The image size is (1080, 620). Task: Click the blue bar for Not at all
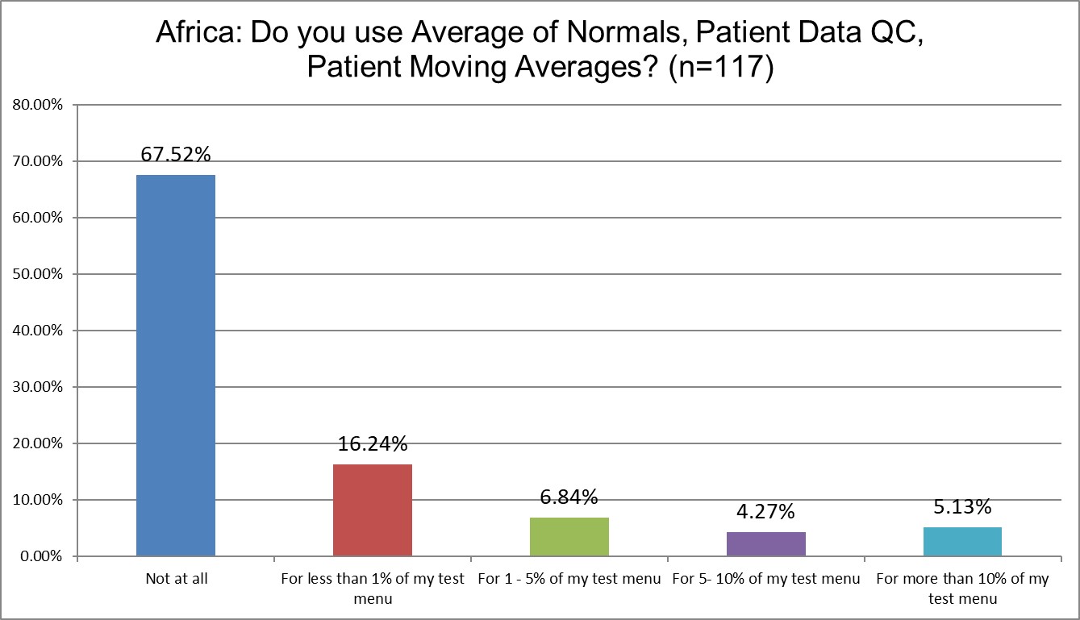point(176,365)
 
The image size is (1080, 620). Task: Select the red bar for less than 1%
point(373,510)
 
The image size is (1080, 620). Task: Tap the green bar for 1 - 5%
point(569,536)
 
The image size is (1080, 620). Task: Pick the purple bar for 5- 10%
point(765,543)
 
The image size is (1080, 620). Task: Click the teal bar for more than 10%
point(962,541)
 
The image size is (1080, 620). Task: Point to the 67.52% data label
point(176,155)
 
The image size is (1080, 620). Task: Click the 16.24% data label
point(373,444)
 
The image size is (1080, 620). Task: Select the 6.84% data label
point(569,497)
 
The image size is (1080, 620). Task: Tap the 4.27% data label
point(765,512)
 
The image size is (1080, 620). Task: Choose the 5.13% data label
point(962,507)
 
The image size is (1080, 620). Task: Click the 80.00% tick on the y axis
point(37,105)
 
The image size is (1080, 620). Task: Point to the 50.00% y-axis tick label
point(37,274)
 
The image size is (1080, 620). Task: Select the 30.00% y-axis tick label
point(37,387)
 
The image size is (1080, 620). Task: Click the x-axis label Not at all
point(176,579)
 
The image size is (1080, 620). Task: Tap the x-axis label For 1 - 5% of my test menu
point(569,579)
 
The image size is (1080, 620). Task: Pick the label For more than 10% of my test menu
point(962,588)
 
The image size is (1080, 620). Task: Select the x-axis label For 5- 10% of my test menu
point(765,579)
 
